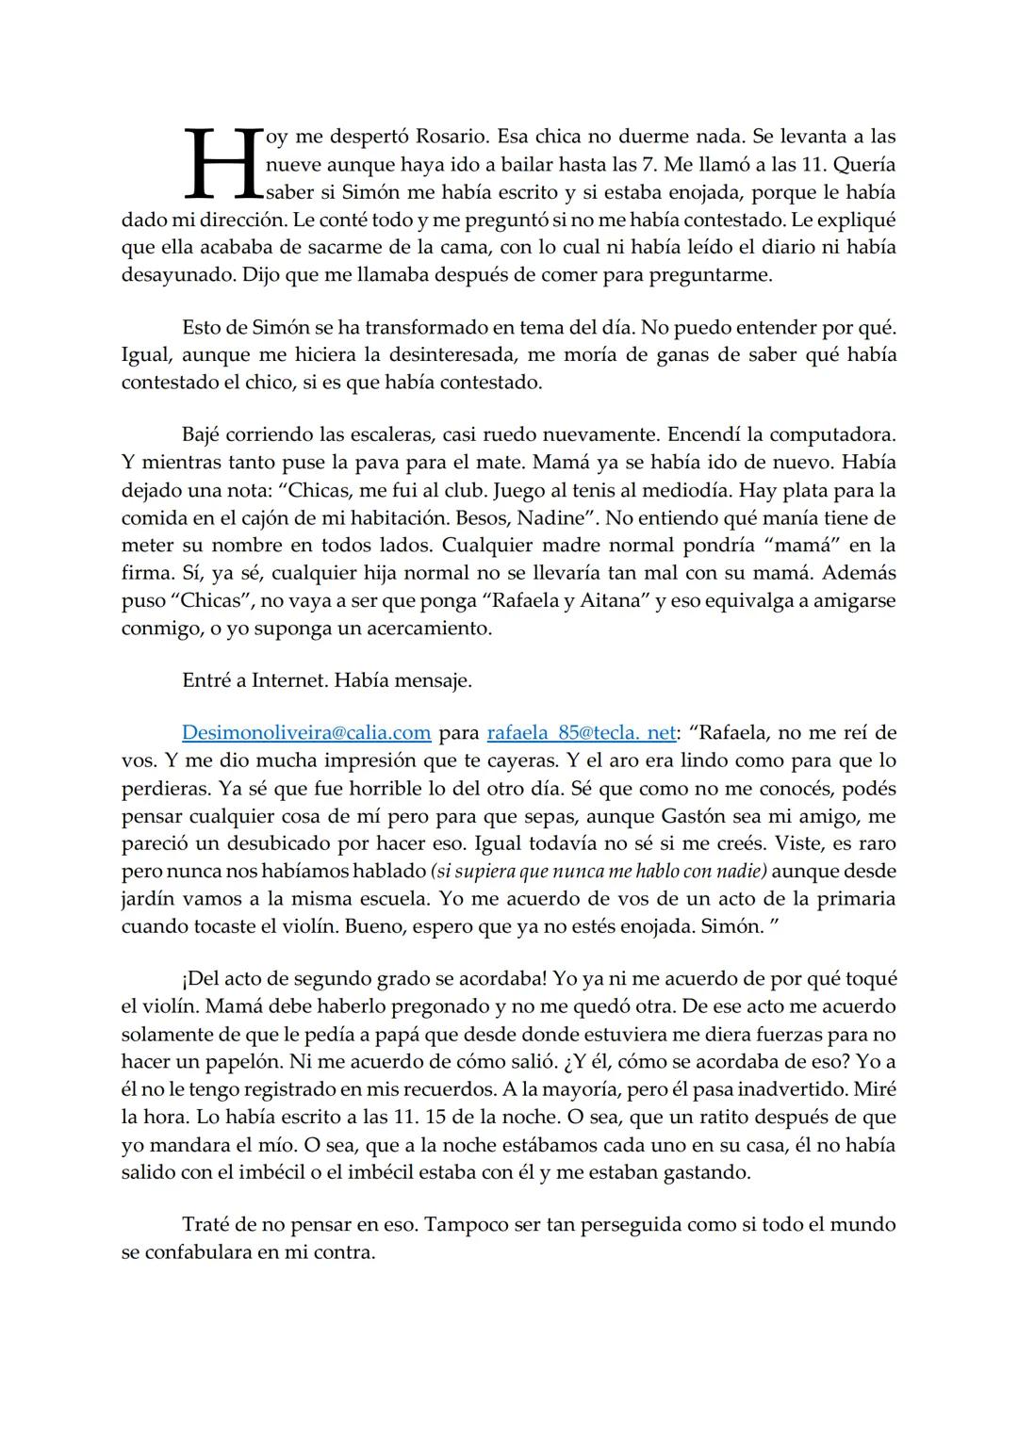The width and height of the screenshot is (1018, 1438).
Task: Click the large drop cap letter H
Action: click(222, 165)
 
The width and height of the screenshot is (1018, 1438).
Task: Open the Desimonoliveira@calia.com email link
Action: click(306, 732)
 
